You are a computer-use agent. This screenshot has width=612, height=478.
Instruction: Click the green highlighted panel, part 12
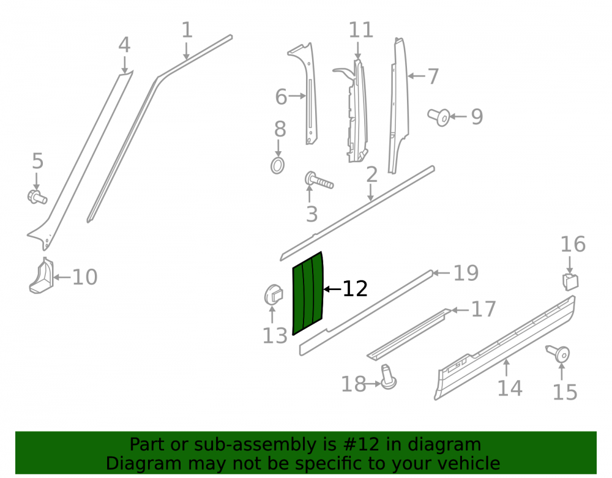308,293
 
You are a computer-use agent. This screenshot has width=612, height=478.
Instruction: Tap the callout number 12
355,289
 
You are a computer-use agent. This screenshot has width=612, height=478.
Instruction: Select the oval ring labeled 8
277,165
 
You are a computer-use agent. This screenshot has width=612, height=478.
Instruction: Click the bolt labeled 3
319,181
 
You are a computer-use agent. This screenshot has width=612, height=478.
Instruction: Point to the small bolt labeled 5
37,196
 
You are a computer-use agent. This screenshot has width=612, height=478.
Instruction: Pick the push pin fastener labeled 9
438,117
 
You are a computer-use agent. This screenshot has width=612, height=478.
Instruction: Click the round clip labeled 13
274,295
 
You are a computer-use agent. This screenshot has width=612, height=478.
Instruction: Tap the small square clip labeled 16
570,282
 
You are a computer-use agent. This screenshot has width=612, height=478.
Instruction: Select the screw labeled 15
558,354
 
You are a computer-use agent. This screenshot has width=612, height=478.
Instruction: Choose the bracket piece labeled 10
42,275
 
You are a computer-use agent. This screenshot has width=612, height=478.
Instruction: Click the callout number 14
510,388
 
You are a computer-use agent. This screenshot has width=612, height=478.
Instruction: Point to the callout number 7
433,77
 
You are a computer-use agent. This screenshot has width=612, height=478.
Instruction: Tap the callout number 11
361,30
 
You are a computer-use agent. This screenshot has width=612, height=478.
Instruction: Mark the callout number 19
466,273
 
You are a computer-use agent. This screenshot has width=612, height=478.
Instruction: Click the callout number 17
483,309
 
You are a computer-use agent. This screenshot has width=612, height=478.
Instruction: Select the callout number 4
124,45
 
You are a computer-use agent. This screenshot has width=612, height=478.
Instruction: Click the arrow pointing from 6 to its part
297,96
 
